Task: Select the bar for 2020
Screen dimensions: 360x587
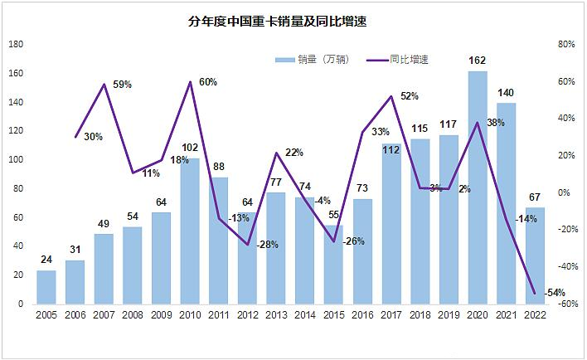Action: pos(478,188)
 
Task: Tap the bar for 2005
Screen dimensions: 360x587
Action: pos(46,287)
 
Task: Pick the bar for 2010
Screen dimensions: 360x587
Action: pos(190,231)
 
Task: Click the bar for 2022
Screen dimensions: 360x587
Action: pos(535,256)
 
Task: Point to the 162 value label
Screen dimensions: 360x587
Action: pos(478,61)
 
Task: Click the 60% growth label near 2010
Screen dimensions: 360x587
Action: pos(207,82)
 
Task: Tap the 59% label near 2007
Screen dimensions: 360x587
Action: pos(123,85)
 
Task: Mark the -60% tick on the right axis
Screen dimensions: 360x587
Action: pos(567,304)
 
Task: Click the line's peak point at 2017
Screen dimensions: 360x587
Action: pos(391,96)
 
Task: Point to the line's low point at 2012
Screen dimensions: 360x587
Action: pos(247,245)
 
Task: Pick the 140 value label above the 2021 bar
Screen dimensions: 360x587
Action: pos(506,93)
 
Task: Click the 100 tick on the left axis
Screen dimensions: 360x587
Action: pos(16,160)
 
